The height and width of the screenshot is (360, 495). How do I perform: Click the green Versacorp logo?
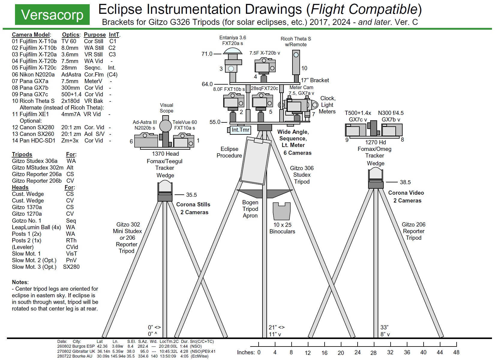point(52,15)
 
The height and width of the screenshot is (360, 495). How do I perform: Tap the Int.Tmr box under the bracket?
point(240,130)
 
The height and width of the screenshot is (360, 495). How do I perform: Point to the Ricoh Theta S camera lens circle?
point(296,55)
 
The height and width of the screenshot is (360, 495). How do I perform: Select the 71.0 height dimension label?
point(207,54)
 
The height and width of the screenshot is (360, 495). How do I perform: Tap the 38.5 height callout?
point(405,182)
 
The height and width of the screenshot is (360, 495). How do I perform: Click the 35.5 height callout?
point(191,195)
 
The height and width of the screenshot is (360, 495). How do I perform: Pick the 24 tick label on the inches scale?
point(357,352)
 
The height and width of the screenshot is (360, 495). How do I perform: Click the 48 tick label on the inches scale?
point(456,352)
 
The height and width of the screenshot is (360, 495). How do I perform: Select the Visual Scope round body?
point(165,126)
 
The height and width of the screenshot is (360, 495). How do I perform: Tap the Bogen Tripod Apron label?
point(250,209)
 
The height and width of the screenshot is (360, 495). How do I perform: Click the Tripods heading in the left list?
point(22,154)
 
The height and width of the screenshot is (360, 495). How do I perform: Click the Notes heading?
point(20,282)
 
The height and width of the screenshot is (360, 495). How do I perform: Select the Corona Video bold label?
point(406,193)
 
